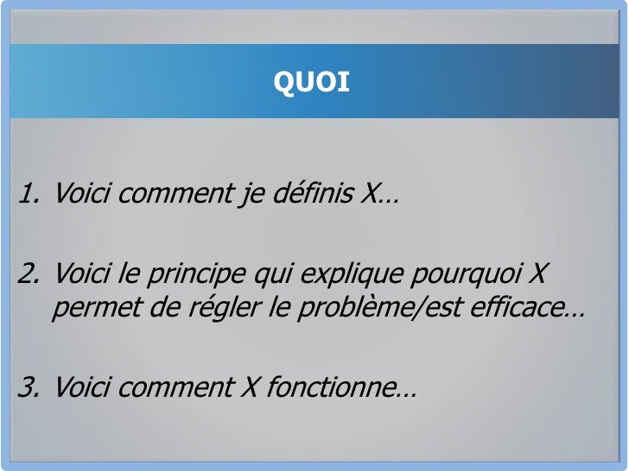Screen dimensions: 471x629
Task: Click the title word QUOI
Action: click(311, 83)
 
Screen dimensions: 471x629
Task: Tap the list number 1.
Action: click(29, 199)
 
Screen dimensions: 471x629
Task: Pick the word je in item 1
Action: click(247, 200)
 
